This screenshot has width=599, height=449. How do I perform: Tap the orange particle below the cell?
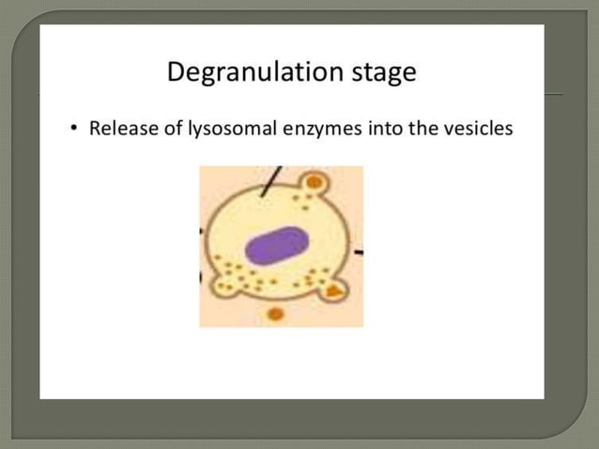click(x=275, y=314)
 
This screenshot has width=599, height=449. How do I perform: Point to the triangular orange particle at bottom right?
click(x=334, y=293)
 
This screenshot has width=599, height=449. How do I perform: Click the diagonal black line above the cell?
click(x=270, y=180)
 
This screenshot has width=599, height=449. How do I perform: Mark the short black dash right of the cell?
click(x=359, y=252)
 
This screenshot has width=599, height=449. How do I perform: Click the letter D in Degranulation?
click(x=177, y=72)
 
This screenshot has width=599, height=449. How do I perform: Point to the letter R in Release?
click(x=95, y=129)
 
